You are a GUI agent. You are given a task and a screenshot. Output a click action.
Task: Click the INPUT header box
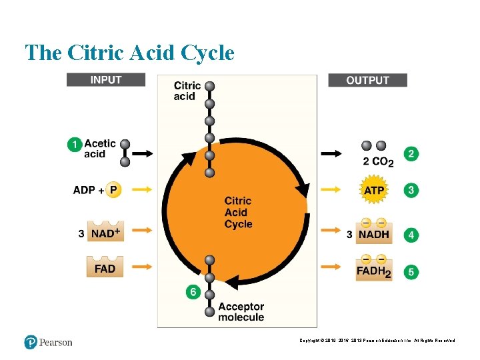coord(106,80)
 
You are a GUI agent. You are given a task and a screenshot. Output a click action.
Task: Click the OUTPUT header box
coord(367,80)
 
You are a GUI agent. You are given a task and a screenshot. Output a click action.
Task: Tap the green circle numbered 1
coord(75,144)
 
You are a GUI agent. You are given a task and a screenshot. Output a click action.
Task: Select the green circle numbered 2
coord(412,154)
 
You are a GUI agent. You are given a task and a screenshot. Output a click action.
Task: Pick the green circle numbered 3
coord(412,190)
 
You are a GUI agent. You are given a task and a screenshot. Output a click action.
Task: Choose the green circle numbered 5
coord(412,272)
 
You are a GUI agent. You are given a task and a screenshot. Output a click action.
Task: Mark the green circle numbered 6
coord(193,292)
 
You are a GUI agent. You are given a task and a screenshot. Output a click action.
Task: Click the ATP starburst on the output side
coord(373,191)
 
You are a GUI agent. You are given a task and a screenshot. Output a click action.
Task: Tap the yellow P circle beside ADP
coord(114,190)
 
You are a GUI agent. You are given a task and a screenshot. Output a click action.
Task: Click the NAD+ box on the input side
coord(105,233)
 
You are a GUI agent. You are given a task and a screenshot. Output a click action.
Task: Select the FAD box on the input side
coord(105,268)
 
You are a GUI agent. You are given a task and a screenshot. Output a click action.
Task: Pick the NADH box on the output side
coord(374,233)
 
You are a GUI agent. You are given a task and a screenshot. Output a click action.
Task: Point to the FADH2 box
coord(374,271)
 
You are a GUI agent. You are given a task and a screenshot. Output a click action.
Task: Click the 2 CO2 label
coord(378,161)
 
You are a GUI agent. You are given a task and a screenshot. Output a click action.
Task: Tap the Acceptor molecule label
coord(241,311)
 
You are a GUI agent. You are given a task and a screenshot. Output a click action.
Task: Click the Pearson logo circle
coord(31,342)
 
